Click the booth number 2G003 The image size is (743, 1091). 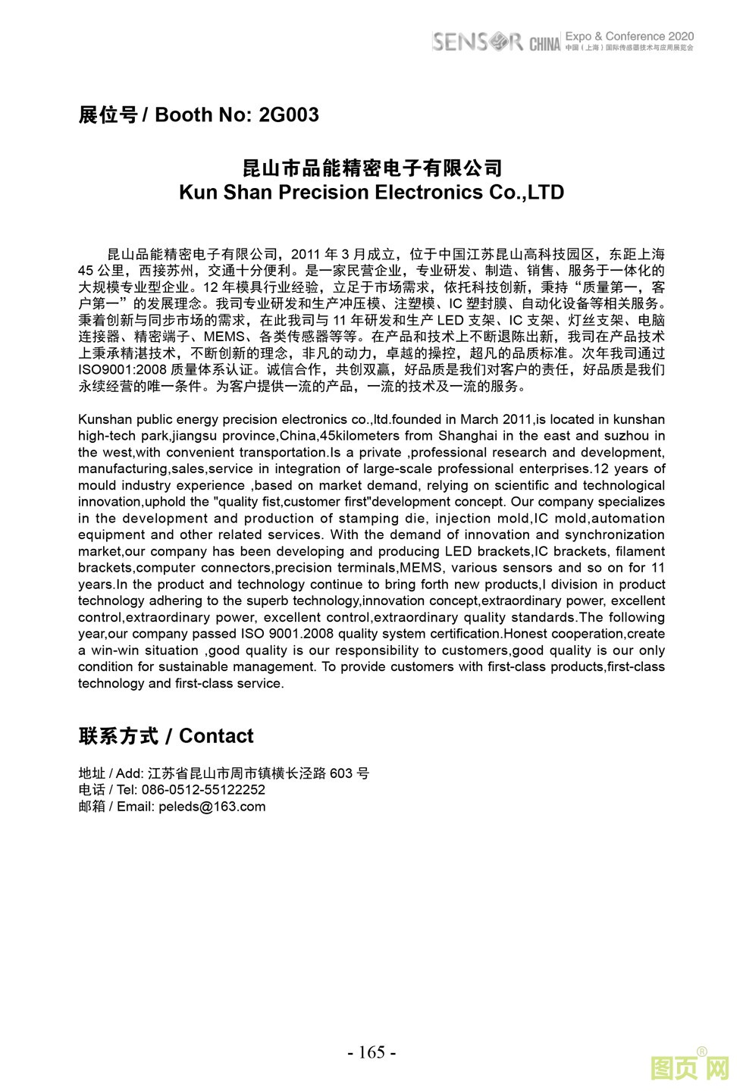click(288, 115)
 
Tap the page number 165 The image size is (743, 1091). click(371, 1052)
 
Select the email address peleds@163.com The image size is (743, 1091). click(212, 807)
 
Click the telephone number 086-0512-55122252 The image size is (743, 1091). click(203, 790)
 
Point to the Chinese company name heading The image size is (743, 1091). click(371, 168)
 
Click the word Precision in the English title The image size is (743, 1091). click(326, 193)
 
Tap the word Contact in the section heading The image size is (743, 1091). click(216, 736)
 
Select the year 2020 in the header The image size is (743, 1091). click(680, 36)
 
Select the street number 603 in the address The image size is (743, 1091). click(341, 773)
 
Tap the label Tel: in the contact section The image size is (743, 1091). click(127, 790)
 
